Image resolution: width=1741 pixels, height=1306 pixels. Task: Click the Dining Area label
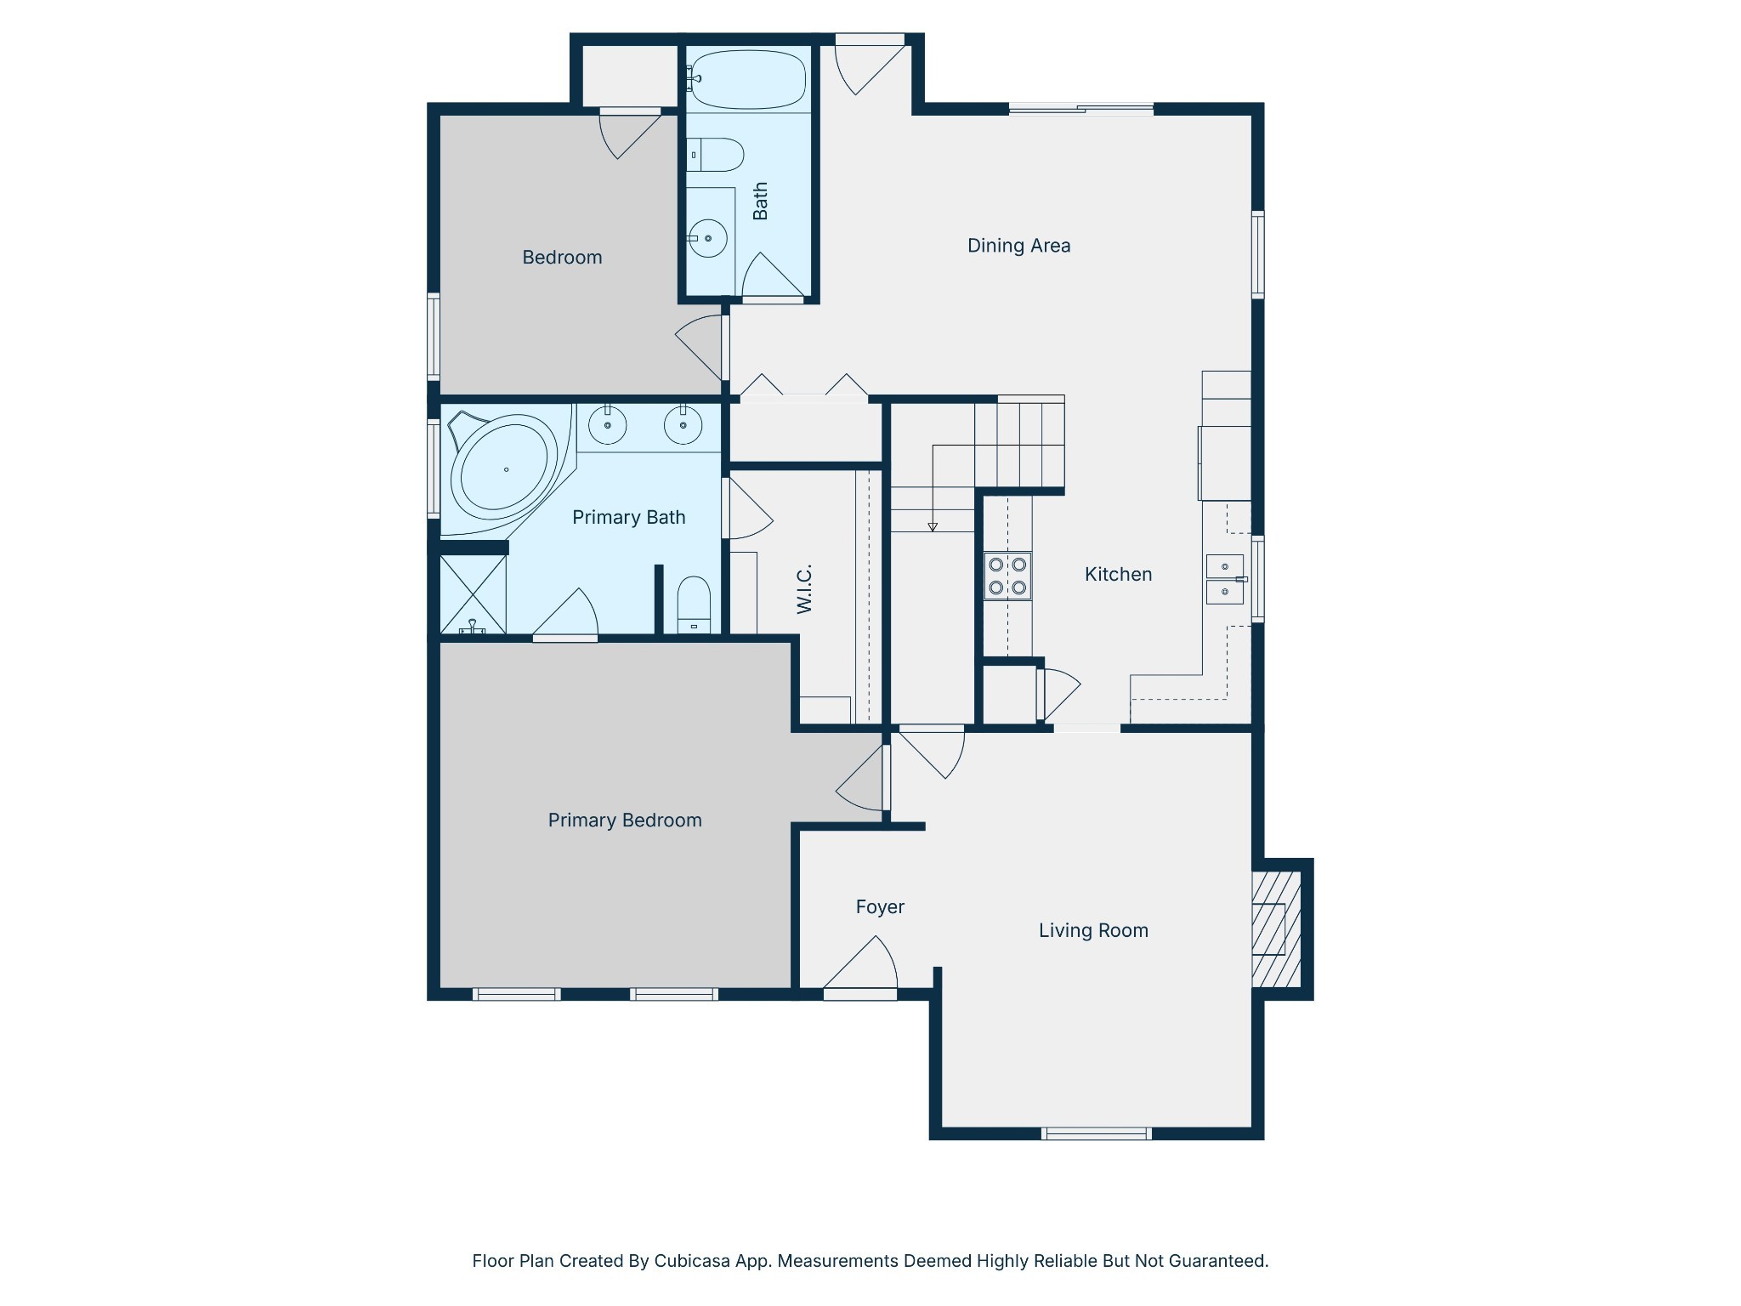1018,246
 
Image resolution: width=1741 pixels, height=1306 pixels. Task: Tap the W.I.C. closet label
804,588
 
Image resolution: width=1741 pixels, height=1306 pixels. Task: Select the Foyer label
880,907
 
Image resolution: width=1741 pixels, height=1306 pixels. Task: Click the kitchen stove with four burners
1007,576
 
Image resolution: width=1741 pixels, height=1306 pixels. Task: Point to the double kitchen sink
1225,579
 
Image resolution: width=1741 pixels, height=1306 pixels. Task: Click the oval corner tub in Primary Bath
504,469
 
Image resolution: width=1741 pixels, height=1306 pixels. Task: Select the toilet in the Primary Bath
694,605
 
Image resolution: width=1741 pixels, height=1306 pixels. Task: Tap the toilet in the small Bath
716,155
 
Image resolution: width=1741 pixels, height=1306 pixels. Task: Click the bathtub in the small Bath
746,80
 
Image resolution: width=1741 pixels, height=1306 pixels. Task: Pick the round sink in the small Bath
707,238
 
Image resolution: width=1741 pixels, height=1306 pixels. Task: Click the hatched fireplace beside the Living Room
1277,928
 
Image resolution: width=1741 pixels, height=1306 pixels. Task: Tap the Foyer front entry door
860,993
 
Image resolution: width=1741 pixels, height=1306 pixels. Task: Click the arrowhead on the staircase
933,527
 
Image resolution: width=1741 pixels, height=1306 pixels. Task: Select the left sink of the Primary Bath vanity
607,425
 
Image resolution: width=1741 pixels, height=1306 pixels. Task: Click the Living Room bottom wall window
1096,1133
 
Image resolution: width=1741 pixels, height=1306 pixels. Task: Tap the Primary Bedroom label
625,821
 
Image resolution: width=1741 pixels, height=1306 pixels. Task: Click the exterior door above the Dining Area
869,40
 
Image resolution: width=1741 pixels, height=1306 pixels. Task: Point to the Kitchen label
1118,575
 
